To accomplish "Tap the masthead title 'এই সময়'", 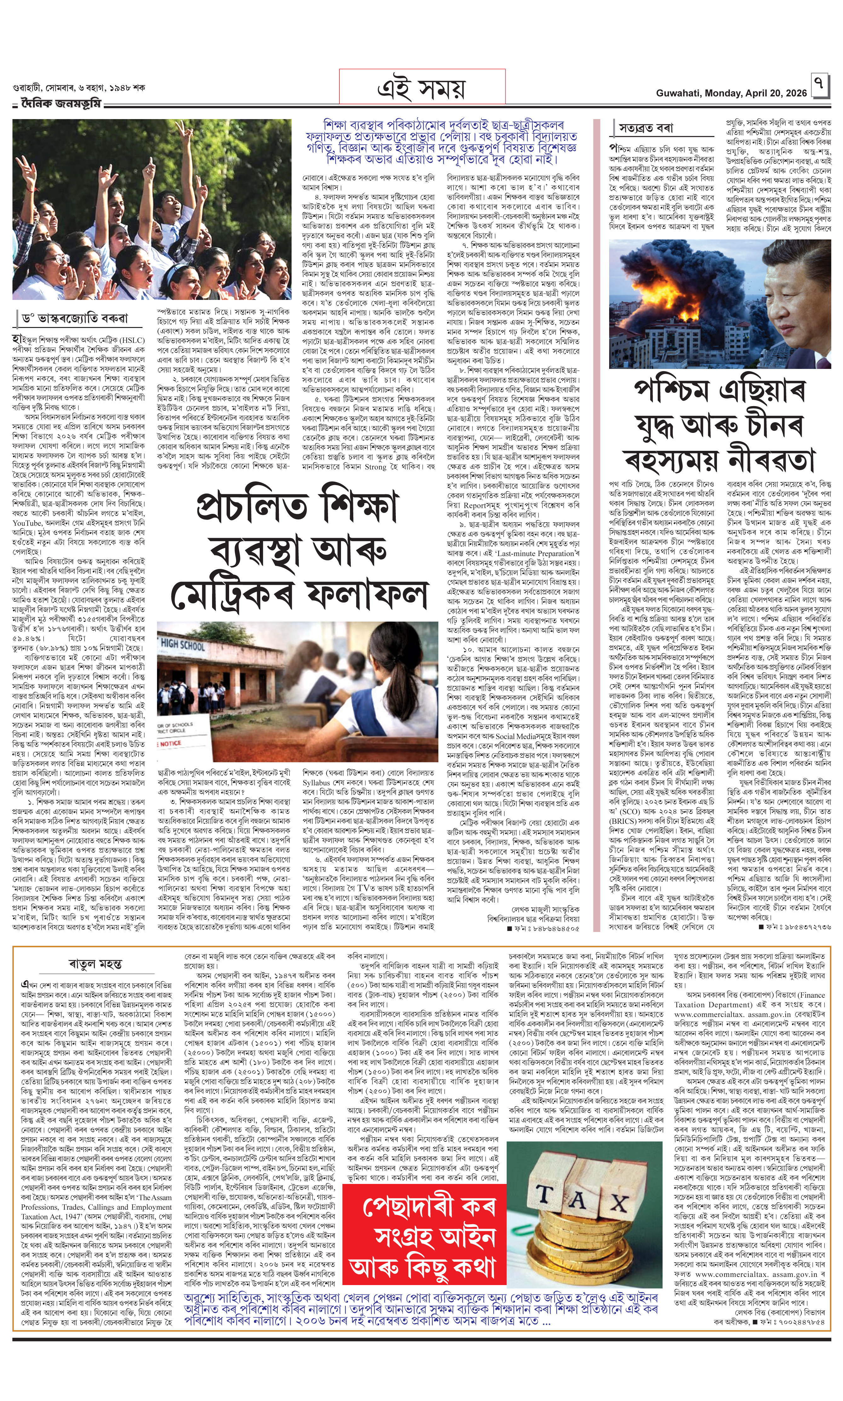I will click(x=422, y=89).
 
